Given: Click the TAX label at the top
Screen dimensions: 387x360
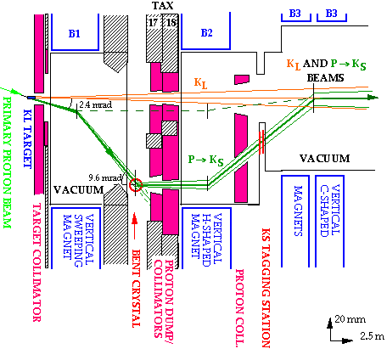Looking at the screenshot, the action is [163, 6].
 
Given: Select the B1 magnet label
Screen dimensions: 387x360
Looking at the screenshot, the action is [75, 34].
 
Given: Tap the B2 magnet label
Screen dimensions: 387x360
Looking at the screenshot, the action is [206, 33].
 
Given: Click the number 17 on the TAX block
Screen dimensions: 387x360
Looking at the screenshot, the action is [153, 22].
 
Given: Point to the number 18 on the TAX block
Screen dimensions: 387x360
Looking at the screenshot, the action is [171, 22].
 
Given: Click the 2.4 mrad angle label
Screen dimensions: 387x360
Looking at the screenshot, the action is [95, 105].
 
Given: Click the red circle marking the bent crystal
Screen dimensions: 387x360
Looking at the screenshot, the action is [136, 185].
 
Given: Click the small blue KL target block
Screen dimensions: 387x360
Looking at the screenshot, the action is [31, 98].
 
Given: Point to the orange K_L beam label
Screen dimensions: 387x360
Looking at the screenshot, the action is [200, 84].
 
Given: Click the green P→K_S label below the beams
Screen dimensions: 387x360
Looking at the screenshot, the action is [205, 160].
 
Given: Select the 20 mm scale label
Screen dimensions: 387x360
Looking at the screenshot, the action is [350, 319].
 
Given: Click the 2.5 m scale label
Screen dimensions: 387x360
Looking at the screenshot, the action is [372, 336].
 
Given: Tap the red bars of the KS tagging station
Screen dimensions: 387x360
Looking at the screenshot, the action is [261, 142].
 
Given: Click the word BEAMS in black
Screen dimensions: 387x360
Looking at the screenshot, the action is [326, 78].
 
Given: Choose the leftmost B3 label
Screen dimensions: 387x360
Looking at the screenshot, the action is [294, 14].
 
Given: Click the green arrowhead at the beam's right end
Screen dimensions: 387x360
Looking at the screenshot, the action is [373, 98].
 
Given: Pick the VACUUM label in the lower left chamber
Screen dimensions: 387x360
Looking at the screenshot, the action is [79, 189].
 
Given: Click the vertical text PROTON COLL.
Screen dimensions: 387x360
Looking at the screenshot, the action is [240, 308].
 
